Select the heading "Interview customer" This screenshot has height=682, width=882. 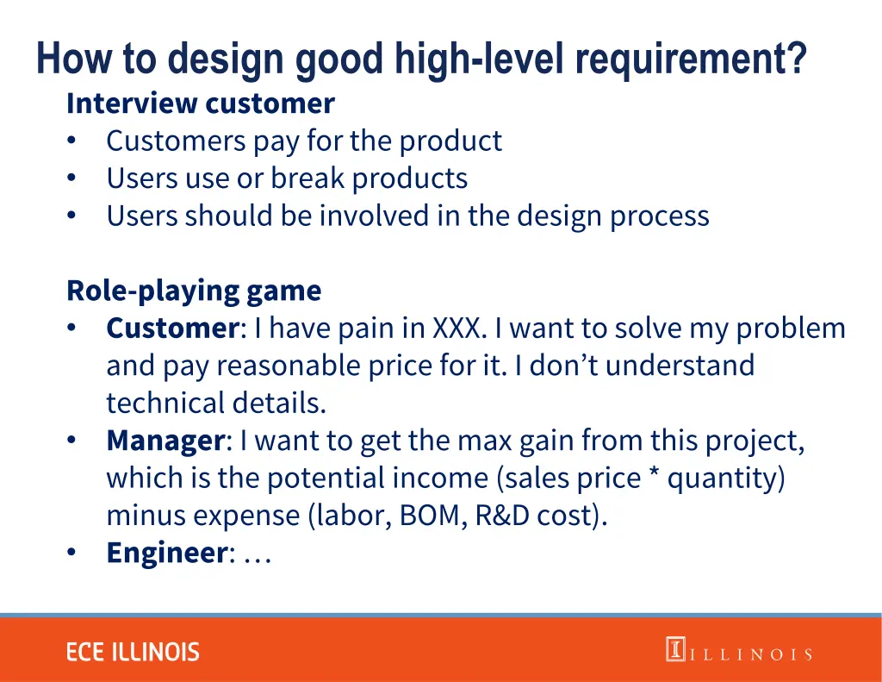click(200, 103)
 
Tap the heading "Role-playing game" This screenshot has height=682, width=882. click(194, 291)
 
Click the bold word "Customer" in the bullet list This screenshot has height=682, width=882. click(172, 328)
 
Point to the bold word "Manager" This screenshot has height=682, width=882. click(165, 441)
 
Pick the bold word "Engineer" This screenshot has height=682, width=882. click(166, 553)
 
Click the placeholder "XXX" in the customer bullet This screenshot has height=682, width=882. click(460, 328)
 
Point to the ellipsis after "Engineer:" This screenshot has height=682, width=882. click(258, 554)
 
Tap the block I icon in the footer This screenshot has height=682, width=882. click(674, 649)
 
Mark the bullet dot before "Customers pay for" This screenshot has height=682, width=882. click(72, 141)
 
